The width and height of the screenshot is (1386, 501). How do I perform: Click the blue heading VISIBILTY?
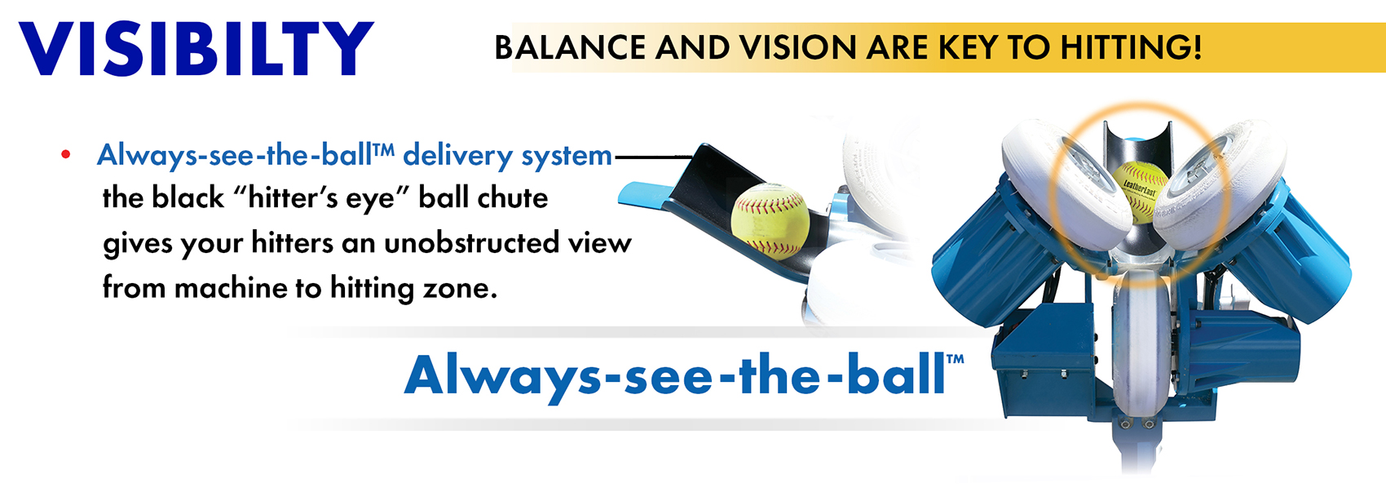pos(196,48)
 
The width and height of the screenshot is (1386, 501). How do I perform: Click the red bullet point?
pos(66,155)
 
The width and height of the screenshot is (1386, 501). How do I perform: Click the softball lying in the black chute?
pos(770,221)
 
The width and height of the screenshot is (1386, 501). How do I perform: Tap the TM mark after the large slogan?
pos(955,359)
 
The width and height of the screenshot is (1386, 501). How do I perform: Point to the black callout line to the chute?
pos(652,157)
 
